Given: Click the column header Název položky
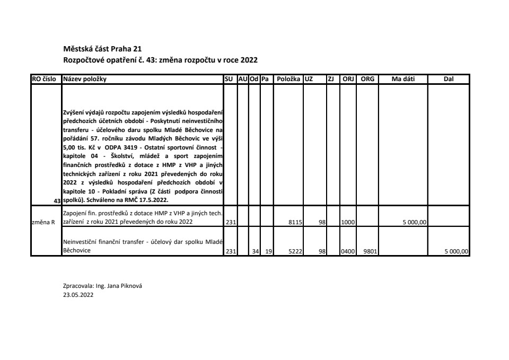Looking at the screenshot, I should (x=85, y=80).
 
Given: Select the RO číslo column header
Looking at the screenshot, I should (x=44, y=80).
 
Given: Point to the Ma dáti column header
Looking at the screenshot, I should (x=403, y=80).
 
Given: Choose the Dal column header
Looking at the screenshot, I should (x=449, y=80).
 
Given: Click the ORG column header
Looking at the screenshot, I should (x=367, y=80).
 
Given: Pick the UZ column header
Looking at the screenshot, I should (x=309, y=80).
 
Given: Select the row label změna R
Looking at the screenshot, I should (x=43, y=223).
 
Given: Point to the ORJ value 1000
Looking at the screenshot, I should (x=348, y=223).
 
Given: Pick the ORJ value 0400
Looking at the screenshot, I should (x=348, y=252).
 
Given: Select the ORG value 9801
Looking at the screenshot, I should (x=370, y=252).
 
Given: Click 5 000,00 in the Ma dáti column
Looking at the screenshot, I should (x=415, y=223).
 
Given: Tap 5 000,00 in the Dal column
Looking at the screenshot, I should (x=457, y=252).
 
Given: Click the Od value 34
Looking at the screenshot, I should (x=255, y=252).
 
